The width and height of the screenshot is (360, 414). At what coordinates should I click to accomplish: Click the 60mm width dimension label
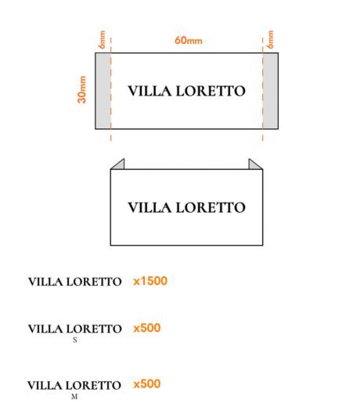click(x=189, y=41)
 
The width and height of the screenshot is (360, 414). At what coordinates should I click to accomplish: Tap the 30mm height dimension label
click(x=82, y=89)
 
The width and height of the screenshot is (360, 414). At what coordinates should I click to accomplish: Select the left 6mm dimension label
click(x=102, y=40)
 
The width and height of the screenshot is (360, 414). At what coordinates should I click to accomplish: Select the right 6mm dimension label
click(x=270, y=40)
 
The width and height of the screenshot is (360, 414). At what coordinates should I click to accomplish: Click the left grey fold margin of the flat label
click(x=103, y=91)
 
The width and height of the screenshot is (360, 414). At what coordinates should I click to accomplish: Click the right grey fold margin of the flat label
click(x=270, y=91)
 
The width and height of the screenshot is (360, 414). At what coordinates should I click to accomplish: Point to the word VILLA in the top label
click(x=149, y=91)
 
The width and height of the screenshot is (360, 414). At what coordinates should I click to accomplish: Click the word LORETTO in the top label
click(x=211, y=91)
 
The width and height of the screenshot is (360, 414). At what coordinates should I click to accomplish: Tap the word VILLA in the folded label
click(x=149, y=207)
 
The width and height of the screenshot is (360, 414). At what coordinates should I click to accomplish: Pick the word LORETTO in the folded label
click(x=211, y=207)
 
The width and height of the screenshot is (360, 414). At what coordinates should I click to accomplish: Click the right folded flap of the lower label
click(x=254, y=165)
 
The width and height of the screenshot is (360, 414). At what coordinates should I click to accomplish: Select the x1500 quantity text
click(x=150, y=281)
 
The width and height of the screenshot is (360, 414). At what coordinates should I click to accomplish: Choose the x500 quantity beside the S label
click(x=147, y=328)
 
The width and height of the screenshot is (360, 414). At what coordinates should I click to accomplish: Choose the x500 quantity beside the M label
click(x=147, y=384)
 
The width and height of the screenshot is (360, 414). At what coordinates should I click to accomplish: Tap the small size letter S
click(x=75, y=340)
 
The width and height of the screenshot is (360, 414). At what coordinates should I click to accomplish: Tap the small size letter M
click(x=74, y=397)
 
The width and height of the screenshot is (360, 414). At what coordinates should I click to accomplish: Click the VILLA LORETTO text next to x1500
click(x=75, y=282)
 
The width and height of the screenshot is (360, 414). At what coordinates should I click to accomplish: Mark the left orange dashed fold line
click(x=111, y=89)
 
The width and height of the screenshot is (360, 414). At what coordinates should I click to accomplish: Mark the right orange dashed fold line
click(x=263, y=89)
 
